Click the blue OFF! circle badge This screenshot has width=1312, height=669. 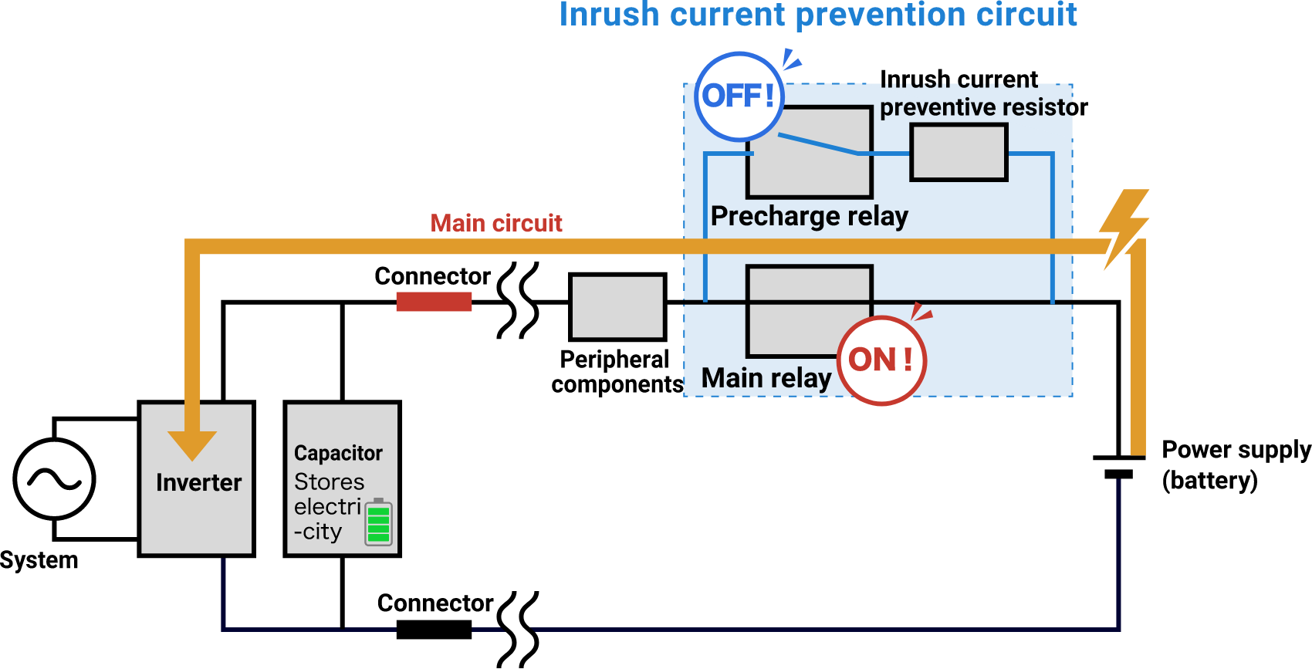(739, 96)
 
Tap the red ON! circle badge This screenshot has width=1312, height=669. (881, 360)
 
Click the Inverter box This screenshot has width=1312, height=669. (197, 494)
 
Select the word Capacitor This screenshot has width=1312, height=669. (338, 453)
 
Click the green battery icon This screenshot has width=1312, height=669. (378, 522)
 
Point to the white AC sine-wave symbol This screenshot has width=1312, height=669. (54, 479)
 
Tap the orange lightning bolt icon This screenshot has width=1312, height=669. (1124, 228)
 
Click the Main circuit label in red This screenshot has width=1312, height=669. (496, 223)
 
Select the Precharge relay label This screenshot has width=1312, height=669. (809, 216)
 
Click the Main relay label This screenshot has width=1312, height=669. (766, 378)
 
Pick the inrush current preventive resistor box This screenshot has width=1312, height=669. (959, 153)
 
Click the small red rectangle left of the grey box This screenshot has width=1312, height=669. (434, 302)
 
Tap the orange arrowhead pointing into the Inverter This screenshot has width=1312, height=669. (192, 444)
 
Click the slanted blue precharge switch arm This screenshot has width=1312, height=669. (817, 144)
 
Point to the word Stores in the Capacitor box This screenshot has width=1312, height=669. (329, 481)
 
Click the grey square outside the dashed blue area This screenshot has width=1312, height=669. (617, 307)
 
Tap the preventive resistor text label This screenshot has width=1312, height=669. (976, 106)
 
